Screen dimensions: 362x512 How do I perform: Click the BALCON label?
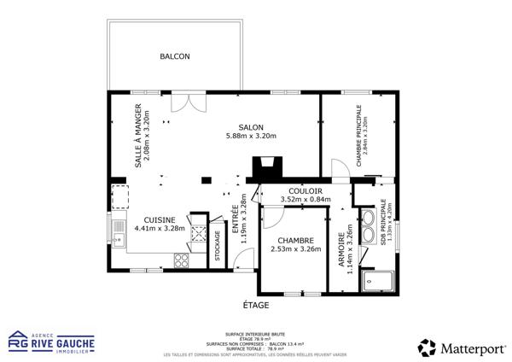click(x=175, y=57)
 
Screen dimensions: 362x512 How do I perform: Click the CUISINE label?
click(x=160, y=219)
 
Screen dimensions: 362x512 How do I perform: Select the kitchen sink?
click(x=119, y=231)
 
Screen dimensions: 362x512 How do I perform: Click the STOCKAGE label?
click(x=218, y=246)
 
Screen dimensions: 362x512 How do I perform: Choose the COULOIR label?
click(x=305, y=191)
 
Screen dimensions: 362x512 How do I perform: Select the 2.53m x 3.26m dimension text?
click(x=295, y=249)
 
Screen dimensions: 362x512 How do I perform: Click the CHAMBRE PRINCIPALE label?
click(x=359, y=137)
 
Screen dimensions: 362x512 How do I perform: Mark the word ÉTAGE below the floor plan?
click(x=256, y=305)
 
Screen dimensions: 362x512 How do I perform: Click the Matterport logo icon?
click(x=427, y=347)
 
